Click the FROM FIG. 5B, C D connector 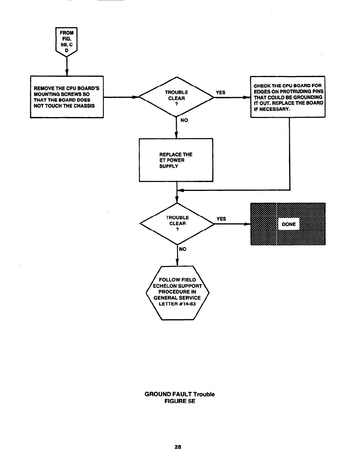click(x=66, y=41)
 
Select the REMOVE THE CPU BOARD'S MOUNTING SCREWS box click(x=67, y=97)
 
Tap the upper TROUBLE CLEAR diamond click(x=176, y=96)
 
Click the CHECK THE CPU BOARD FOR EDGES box click(x=287, y=97)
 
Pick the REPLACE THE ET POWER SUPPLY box click(x=176, y=160)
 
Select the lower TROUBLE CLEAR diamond click(x=177, y=224)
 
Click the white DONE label click(x=289, y=224)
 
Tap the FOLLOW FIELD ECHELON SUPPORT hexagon click(x=177, y=292)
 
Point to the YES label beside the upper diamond click(x=221, y=92)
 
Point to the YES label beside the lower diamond click(x=221, y=219)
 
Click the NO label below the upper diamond click(x=184, y=120)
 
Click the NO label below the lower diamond click(x=183, y=249)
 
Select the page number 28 click(x=178, y=447)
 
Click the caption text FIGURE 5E click(x=180, y=401)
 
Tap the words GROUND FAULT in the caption click(x=168, y=394)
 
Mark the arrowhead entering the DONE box click(x=248, y=224)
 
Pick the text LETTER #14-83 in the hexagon click(x=177, y=304)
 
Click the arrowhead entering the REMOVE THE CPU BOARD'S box click(x=67, y=73)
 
